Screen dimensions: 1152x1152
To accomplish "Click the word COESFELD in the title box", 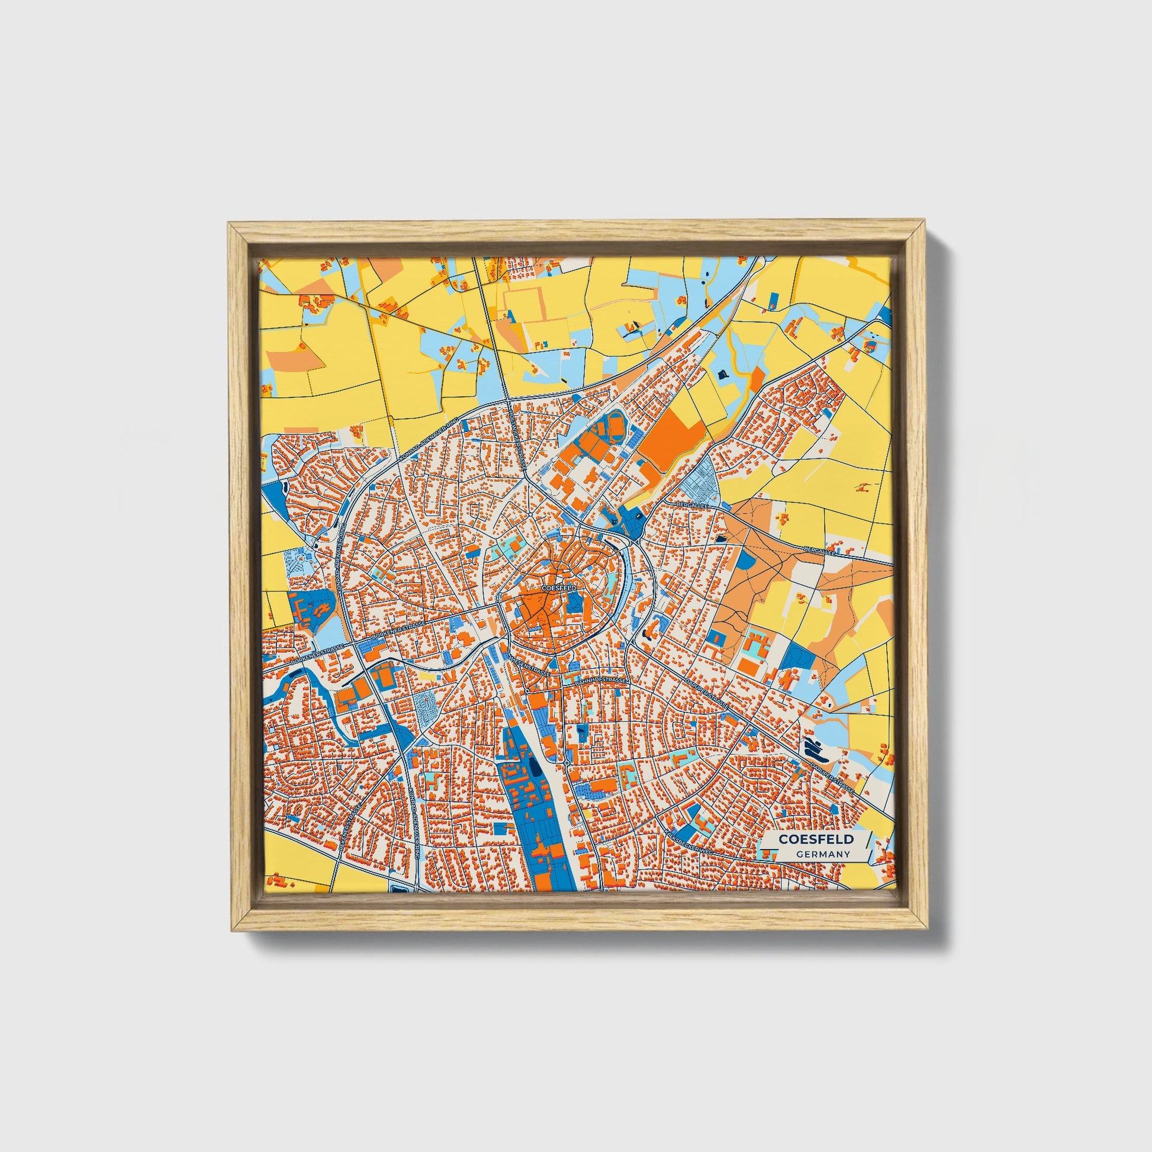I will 815,839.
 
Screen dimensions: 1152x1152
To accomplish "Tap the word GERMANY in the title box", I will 822,854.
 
